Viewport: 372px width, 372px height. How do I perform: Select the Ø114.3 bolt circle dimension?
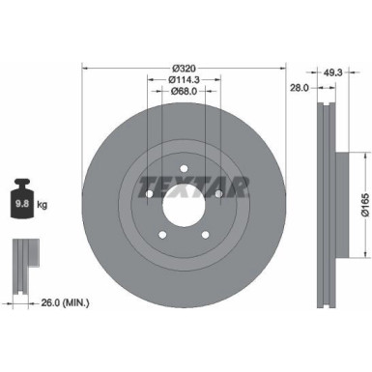tap(185, 81)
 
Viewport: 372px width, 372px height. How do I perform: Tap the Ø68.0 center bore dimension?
tap(185, 95)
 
